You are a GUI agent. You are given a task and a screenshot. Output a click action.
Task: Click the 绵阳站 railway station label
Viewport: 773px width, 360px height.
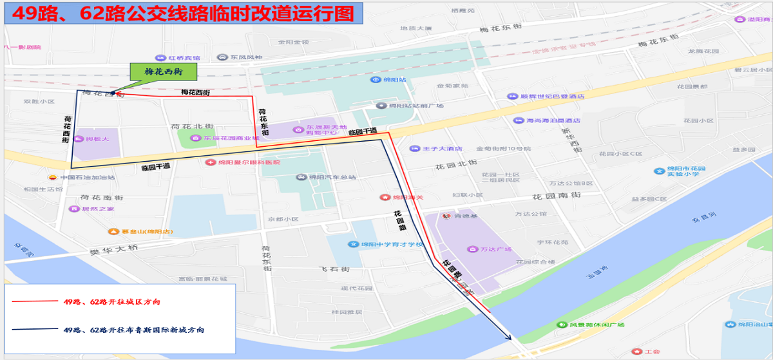(x=394, y=80)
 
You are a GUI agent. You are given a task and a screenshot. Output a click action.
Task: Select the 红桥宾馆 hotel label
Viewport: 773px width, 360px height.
(x=184, y=58)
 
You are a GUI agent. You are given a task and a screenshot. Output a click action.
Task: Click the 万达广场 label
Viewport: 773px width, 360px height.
(x=495, y=249)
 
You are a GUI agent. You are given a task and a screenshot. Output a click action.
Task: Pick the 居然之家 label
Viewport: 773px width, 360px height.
(x=97, y=209)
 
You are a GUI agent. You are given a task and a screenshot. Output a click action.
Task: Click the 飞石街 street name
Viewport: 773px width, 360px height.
(x=335, y=269)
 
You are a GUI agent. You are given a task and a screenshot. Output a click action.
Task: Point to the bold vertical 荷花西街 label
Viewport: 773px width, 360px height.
(x=66, y=129)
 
